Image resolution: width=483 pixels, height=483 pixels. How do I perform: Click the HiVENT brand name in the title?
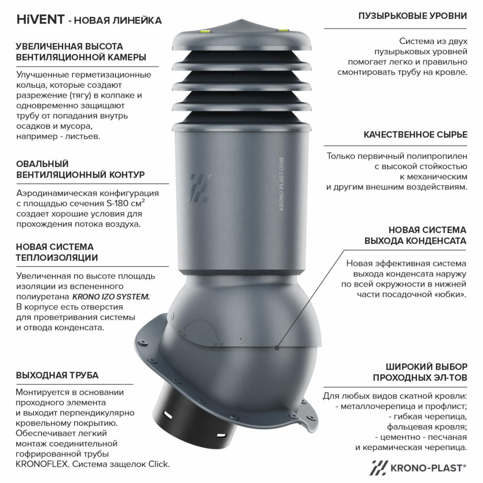pyautogui.click(x=41, y=19)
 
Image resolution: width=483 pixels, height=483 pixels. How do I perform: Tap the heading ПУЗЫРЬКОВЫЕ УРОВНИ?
pyautogui.click(x=412, y=16)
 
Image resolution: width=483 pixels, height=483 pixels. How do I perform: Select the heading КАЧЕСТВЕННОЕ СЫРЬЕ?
pyautogui.click(x=415, y=134)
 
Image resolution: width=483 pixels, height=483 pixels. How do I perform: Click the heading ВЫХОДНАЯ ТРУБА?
pyautogui.click(x=57, y=375)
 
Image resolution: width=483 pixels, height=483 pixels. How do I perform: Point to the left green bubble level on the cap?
pyautogui.click(x=204, y=31)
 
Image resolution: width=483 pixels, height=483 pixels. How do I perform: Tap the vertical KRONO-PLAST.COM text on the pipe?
pyautogui.click(x=281, y=184)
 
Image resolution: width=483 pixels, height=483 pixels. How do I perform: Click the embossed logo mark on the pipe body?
pyautogui.click(x=200, y=188)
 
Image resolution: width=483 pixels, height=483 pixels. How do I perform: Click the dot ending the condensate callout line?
pyautogui.click(x=277, y=348)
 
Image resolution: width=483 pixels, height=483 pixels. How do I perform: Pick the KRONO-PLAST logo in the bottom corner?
pyautogui.click(x=418, y=468)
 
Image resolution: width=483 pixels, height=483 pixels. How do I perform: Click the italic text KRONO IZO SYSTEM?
pyautogui.click(x=111, y=297)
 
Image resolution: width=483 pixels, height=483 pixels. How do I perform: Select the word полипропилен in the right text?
pyautogui.click(x=437, y=157)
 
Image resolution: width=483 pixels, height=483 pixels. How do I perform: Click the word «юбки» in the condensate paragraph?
pyautogui.click(x=450, y=294)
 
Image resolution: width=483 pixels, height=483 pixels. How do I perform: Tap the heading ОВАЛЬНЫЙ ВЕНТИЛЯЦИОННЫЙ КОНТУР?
pyautogui.click(x=80, y=169)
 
